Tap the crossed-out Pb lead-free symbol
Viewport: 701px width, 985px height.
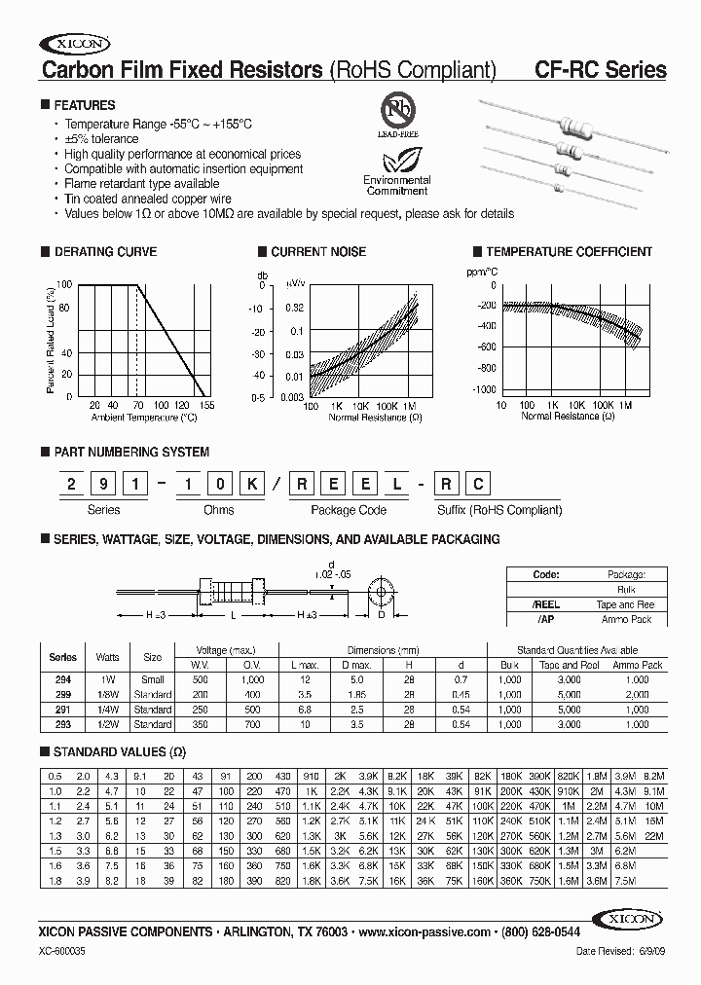point(396,109)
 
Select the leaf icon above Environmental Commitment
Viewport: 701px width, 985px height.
point(396,157)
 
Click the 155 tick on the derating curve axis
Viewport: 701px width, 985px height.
point(206,404)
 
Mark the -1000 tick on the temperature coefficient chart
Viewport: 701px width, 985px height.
point(481,388)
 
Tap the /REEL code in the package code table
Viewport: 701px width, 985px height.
point(546,604)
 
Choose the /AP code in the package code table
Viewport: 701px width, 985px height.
point(546,619)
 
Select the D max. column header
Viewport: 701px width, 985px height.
point(357,665)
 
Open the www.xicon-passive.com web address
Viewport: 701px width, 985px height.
point(424,931)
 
